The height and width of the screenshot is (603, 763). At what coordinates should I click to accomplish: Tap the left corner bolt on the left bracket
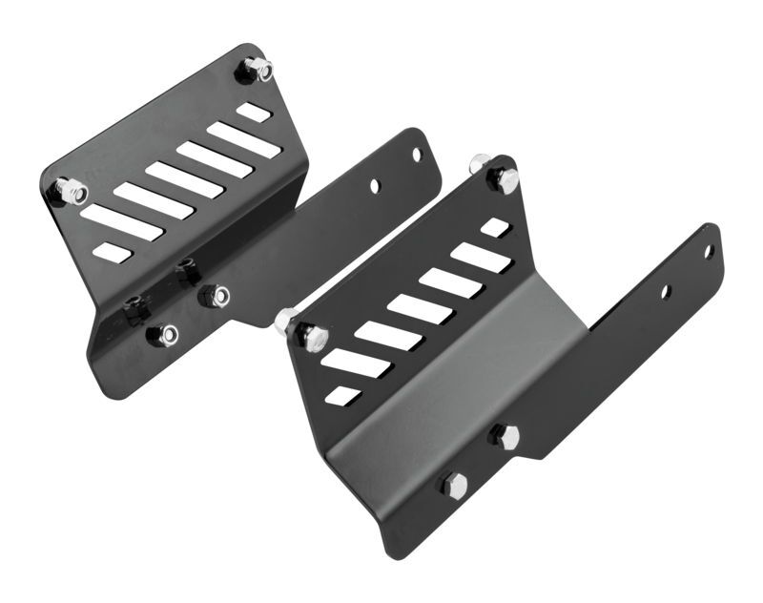70,192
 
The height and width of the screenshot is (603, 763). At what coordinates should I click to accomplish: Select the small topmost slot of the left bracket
254,113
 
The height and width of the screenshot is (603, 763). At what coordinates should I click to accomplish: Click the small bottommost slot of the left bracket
112,252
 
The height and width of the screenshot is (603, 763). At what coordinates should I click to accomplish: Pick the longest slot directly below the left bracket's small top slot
243,139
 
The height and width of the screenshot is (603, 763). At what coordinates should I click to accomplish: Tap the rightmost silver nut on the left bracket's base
218,297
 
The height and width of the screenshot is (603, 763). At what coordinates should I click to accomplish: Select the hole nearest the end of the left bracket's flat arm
416,154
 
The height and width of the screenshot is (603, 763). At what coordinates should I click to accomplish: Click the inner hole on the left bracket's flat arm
375,186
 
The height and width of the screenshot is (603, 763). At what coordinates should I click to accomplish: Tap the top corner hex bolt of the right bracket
505,177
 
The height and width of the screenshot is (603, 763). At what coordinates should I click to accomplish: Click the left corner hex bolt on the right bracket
311,335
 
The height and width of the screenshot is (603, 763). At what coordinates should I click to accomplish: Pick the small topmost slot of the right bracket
495,228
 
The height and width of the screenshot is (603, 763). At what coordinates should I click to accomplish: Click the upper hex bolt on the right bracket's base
505,437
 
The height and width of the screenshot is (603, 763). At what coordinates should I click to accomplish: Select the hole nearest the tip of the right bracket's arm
709,251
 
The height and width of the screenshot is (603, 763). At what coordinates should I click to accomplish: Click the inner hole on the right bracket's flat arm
666,291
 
